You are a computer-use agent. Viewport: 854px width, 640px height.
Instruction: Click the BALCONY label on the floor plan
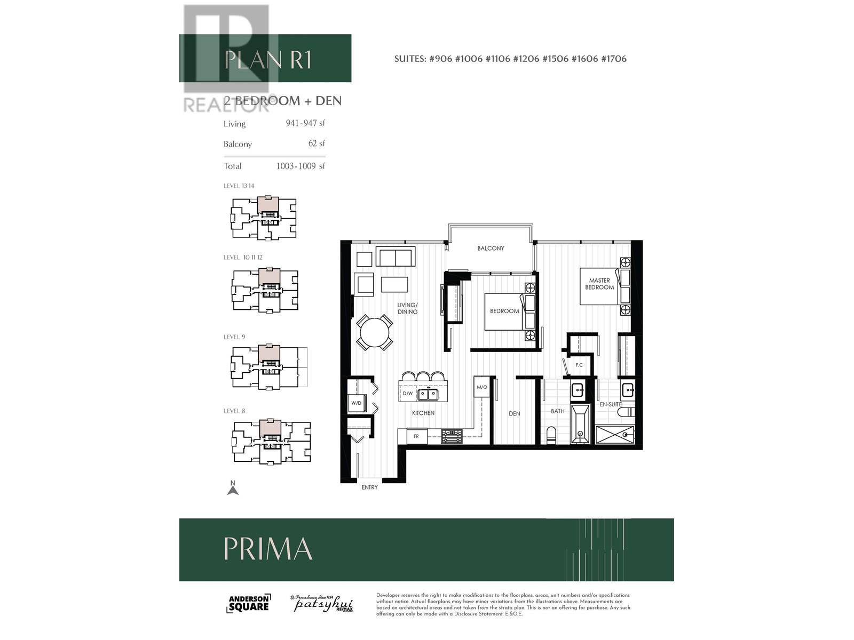[491, 249]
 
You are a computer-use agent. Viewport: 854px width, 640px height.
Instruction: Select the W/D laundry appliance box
[357, 403]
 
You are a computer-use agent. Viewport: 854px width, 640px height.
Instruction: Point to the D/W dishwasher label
[408, 394]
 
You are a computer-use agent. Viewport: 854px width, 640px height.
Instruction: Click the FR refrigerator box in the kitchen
[416, 436]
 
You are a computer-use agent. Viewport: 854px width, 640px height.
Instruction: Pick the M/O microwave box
[481, 387]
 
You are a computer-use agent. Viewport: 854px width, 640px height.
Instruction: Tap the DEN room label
[515, 413]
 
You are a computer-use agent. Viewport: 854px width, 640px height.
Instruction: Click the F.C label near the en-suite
[579, 365]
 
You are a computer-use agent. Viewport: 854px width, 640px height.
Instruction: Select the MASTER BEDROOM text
[599, 284]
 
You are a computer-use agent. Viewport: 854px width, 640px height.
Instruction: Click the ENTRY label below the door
[369, 487]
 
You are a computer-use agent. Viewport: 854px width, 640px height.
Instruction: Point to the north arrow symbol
[233, 488]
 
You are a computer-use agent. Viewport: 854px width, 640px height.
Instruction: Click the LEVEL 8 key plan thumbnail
[272, 442]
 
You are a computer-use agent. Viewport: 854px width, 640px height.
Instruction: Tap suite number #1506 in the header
[555, 59]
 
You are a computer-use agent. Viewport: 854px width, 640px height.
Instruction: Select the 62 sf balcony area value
[317, 143]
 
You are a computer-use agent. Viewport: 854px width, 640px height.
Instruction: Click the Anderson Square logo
[249, 604]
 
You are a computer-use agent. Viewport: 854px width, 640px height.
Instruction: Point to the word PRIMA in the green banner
[268, 549]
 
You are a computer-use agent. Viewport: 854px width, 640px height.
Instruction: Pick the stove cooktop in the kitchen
[452, 436]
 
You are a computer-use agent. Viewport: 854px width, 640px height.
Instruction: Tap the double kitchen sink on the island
[428, 394]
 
